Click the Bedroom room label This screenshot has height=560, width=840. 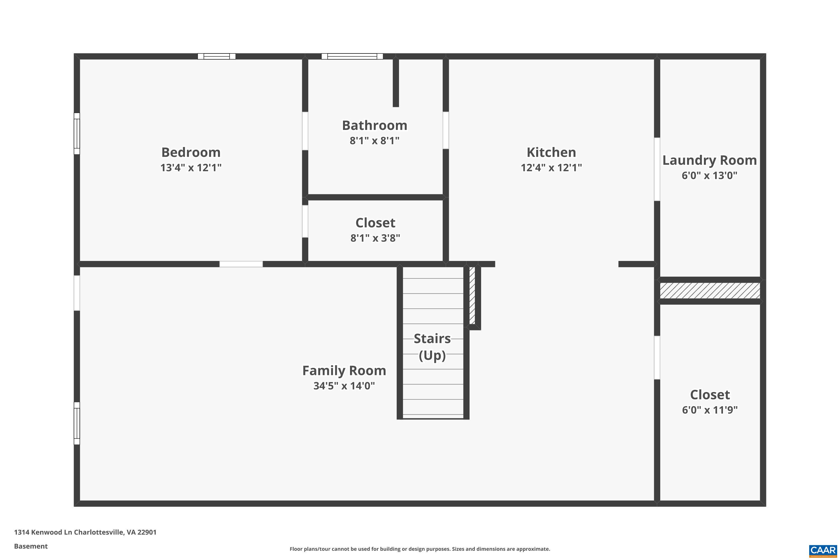(191, 153)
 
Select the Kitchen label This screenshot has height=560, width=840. (551, 153)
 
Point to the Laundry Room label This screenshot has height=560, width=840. (709, 160)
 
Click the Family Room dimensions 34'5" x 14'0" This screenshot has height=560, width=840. (344, 386)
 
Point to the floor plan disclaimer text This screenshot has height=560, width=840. (420, 549)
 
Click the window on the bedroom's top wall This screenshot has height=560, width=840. (216, 57)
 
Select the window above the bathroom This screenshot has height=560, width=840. (352, 57)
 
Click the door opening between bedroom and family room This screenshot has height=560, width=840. (241, 264)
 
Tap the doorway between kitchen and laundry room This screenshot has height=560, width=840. (657, 169)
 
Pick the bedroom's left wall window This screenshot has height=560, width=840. (77, 134)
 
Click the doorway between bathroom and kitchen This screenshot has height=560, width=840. (446, 130)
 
